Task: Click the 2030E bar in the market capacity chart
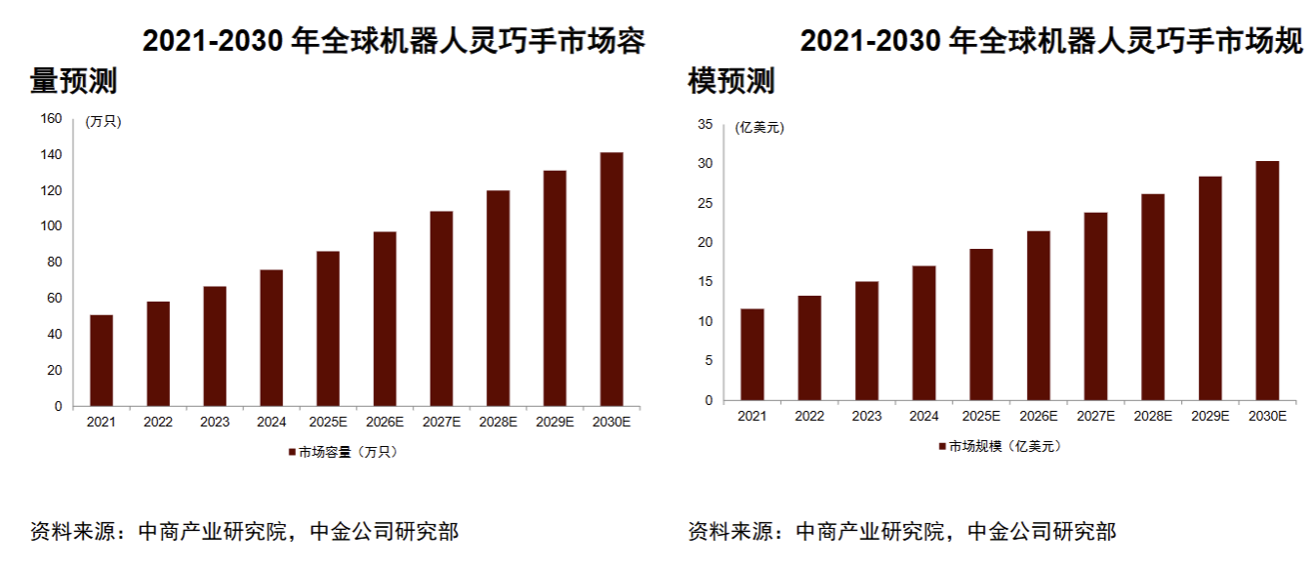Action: pos(611,279)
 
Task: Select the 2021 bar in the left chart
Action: pos(101,360)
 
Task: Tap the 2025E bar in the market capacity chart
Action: pos(328,329)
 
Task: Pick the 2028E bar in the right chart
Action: pos(1153,298)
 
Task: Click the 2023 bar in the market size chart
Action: pos(866,341)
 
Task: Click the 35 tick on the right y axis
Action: pos(704,124)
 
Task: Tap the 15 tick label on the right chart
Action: pos(704,282)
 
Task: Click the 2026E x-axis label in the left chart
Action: pos(385,423)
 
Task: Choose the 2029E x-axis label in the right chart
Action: pos(1209,416)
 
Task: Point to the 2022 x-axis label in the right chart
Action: pos(809,416)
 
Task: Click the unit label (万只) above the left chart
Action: pos(103,121)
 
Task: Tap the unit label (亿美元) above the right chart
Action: pos(759,127)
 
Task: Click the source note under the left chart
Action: pos(244,532)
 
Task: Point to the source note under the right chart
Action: pos(902,532)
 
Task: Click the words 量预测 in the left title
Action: pos(74,82)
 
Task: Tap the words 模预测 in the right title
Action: pos(732,82)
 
